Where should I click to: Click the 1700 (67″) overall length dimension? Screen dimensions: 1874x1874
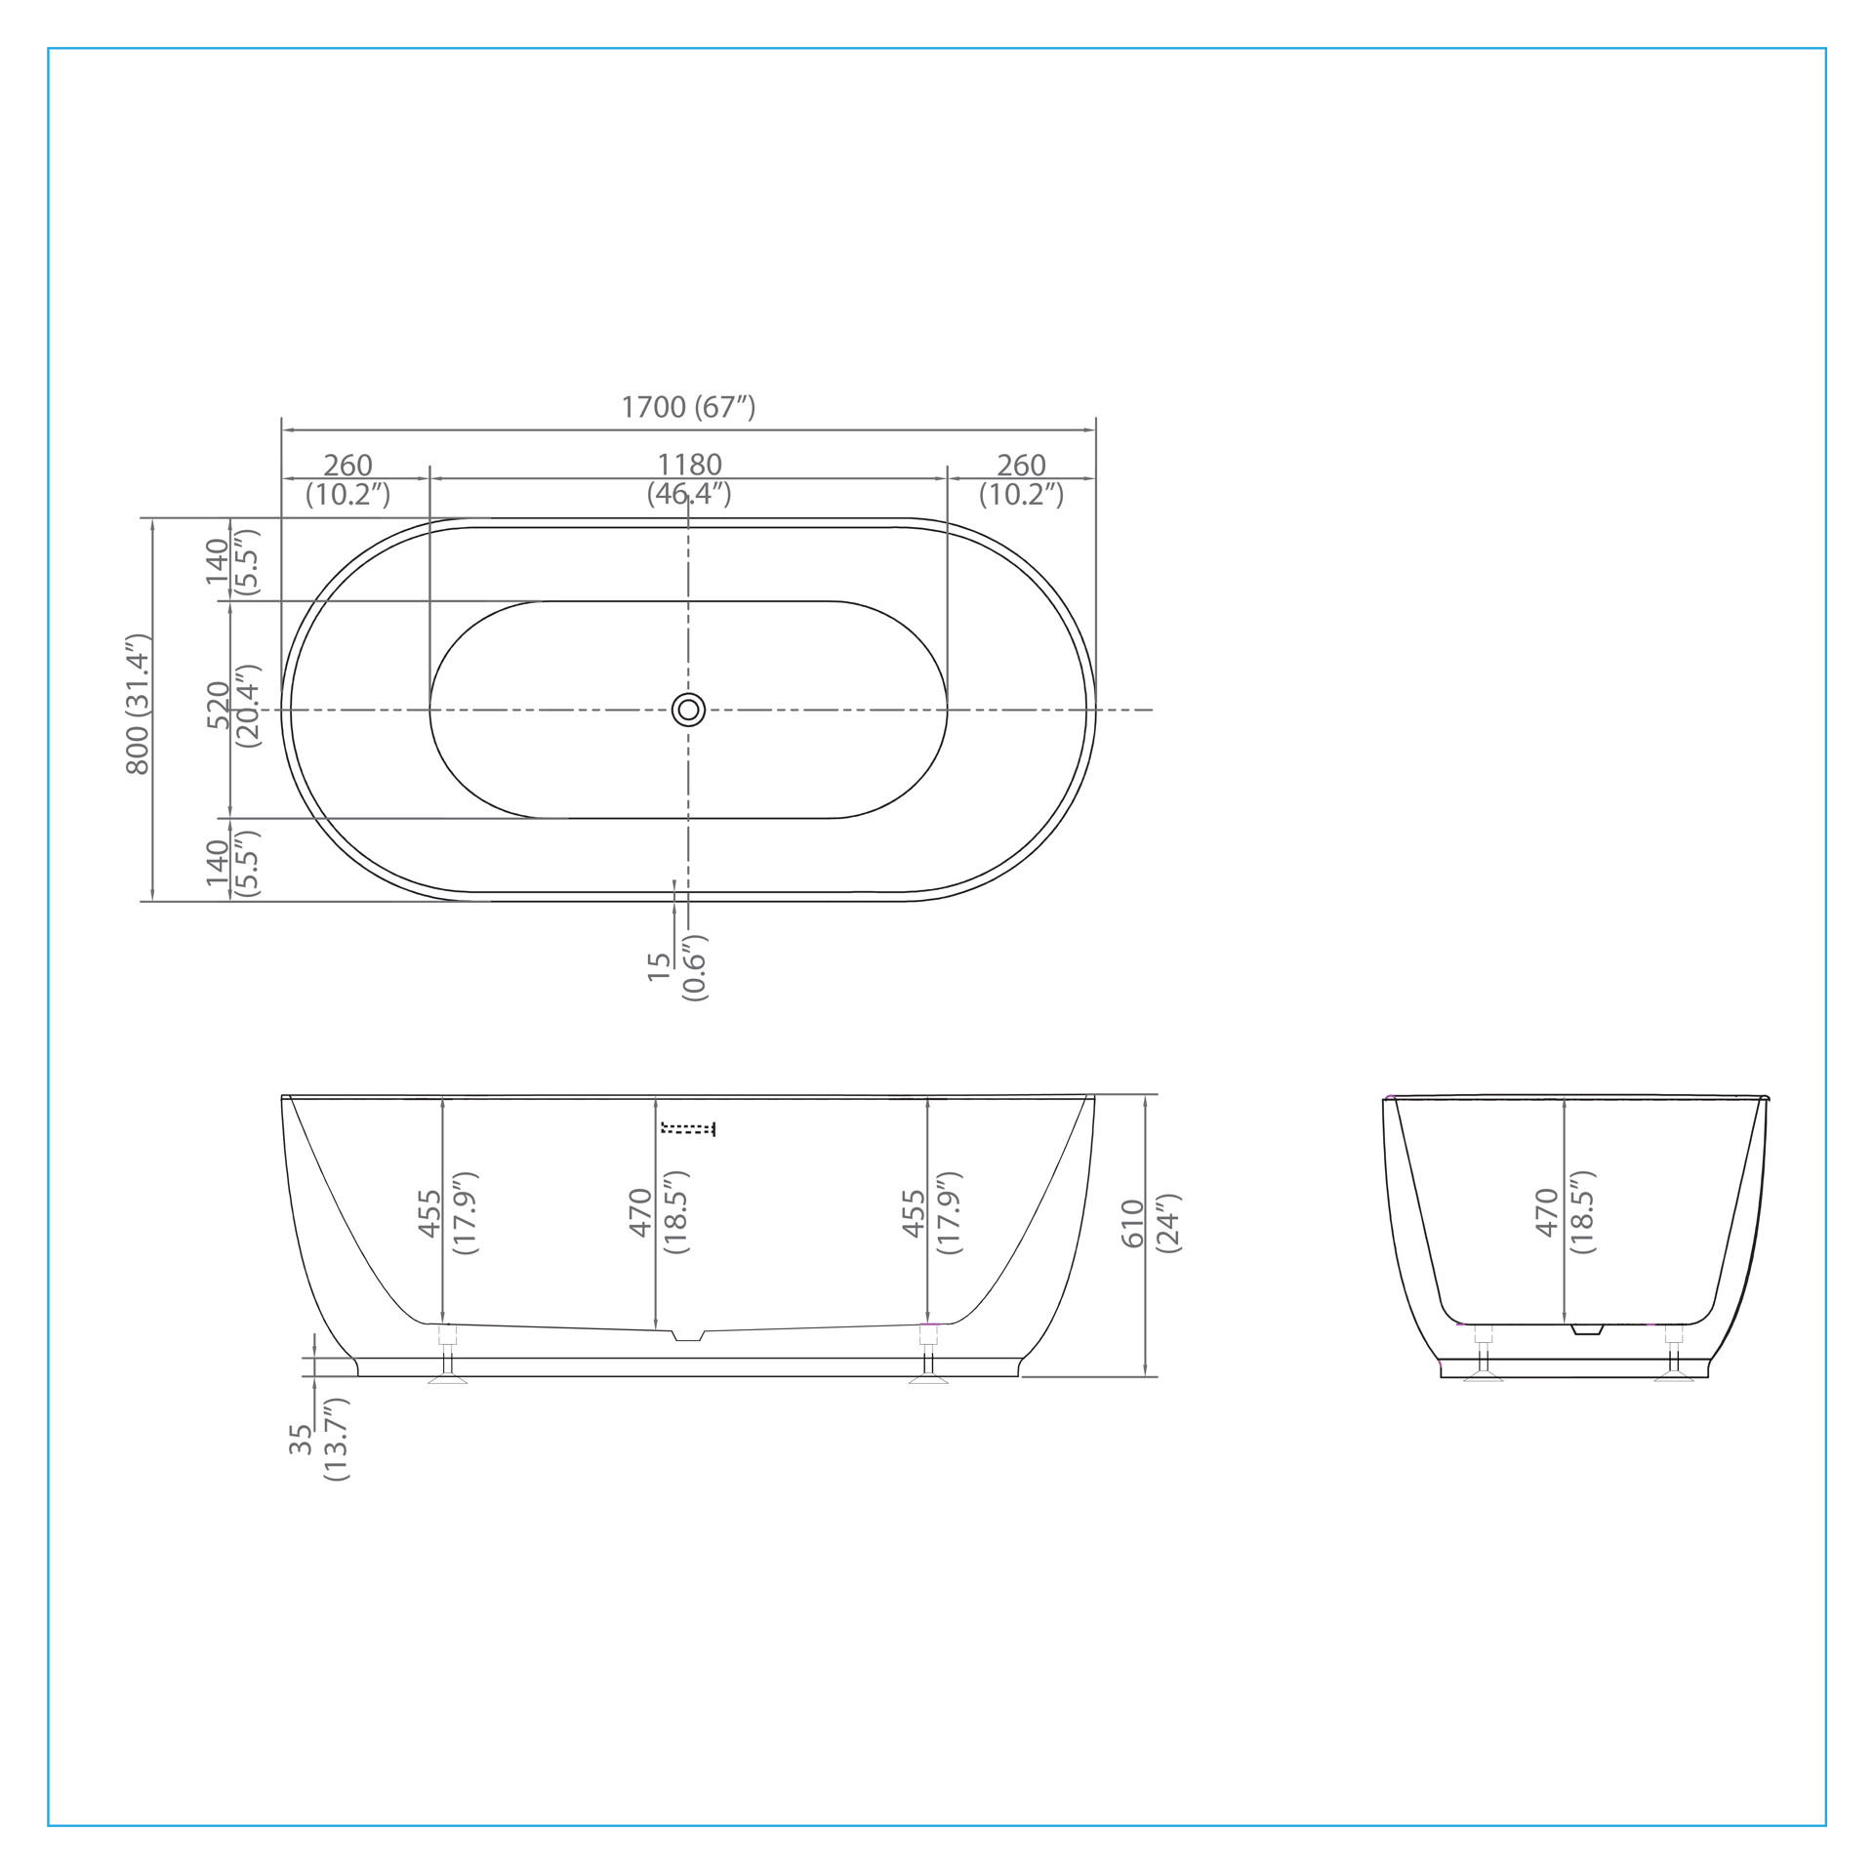point(688,407)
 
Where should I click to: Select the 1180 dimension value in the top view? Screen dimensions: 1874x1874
point(689,465)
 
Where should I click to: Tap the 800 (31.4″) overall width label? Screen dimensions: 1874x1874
point(139,705)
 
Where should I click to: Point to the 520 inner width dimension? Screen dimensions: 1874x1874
point(218,705)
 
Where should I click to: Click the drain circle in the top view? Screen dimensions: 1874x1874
point(688,710)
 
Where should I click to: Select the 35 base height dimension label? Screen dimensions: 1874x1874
point(301,1440)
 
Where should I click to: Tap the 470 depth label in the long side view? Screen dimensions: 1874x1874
point(640,1212)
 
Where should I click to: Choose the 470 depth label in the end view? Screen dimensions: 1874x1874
point(1548,1212)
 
